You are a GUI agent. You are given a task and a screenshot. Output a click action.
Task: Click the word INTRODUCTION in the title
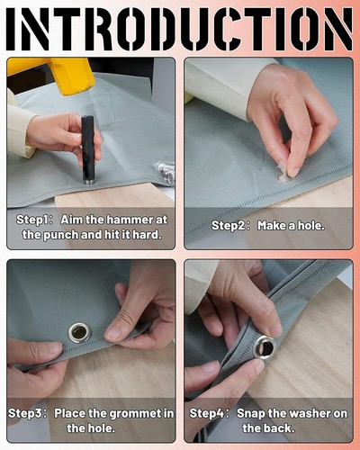tap(179, 30)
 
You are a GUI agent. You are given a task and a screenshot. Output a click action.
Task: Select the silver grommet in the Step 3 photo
tap(79, 332)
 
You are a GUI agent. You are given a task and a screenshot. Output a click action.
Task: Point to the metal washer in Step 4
tap(265, 348)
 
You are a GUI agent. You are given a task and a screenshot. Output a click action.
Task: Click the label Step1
tap(31, 220)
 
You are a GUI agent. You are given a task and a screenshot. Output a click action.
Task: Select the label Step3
tap(23, 414)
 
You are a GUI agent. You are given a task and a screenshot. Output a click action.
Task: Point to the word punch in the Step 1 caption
tap(60, 235)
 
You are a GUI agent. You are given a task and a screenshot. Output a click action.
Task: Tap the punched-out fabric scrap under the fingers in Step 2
tap(283, 174)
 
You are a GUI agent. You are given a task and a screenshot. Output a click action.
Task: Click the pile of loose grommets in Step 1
tap(165, 174)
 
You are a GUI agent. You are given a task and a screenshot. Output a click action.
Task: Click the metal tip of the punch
tap(87, 182)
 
